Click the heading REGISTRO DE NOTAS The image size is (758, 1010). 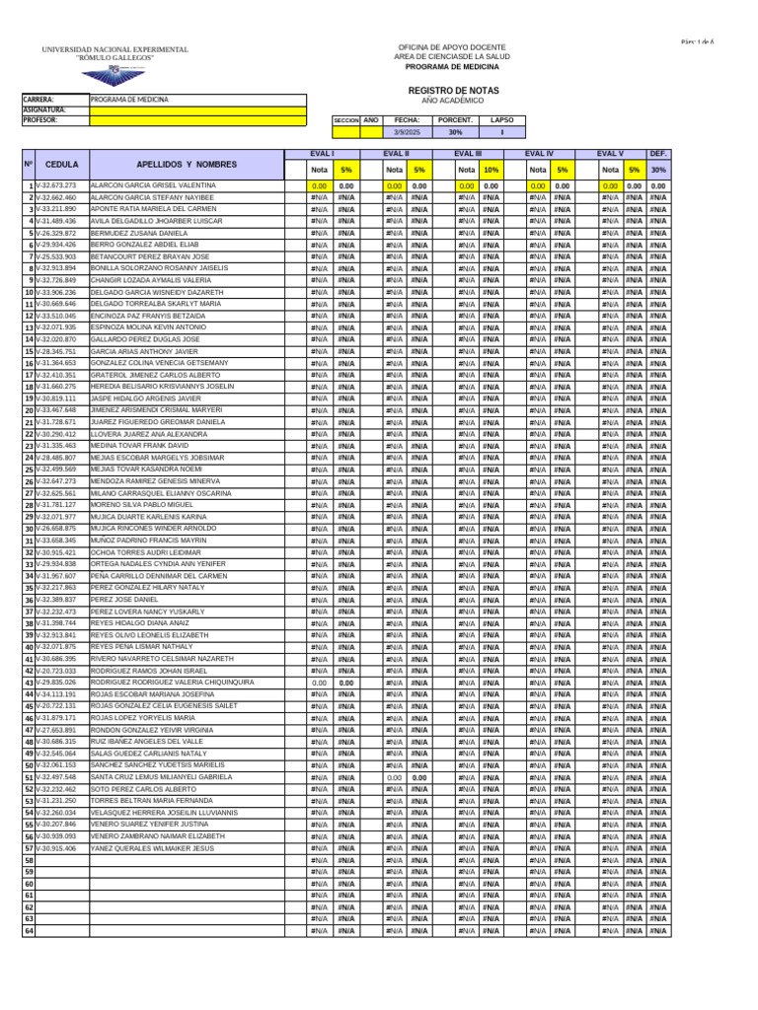pos(453,90)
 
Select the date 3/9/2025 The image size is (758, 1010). pos(407,131)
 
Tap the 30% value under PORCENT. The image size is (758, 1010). pos(455,131)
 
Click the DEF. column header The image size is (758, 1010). pos(658,154)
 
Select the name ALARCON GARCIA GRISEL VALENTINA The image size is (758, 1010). pos(153,185)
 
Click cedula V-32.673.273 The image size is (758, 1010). pos(55,185)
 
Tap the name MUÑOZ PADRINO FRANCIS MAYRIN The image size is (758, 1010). pos(148,541)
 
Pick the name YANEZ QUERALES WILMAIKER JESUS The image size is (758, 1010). pos(152,848)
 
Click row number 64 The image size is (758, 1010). pos(29,931)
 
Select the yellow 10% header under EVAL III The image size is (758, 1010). pos(491,170)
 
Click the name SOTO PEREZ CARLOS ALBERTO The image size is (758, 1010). pos(143,789)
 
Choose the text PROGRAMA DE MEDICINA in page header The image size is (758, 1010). pos(452,66)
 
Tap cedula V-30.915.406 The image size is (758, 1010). pos(55,848)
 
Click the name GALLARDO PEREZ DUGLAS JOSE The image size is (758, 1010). pos(144,339)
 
